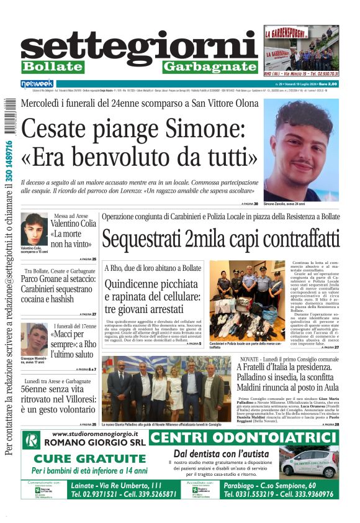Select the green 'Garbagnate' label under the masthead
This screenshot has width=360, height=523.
coord(209,67)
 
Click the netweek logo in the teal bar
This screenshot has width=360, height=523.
coord(38,83)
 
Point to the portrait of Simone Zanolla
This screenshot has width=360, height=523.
coord(301,149)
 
